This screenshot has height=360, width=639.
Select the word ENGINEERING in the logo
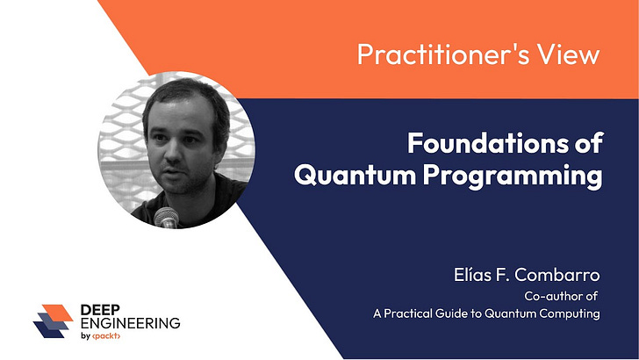point(132,323)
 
